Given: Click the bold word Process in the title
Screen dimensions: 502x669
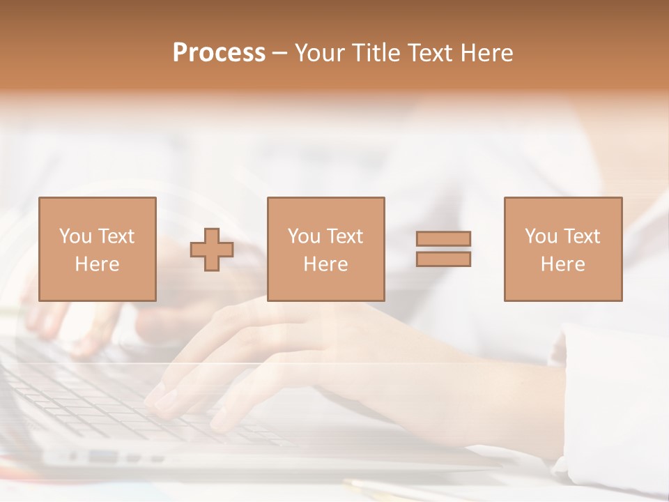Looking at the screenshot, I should click(x=219, y=53).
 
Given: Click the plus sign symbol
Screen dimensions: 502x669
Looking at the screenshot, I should click(x=212, y=250).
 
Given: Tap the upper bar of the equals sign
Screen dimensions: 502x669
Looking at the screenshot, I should click(x=443, y=238).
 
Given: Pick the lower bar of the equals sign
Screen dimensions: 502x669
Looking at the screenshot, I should click(x=443, y=259).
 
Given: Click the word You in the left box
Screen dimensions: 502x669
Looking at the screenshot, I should click(x=75, y=236).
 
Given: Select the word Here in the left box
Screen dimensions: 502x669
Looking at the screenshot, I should click(x=97, y=264).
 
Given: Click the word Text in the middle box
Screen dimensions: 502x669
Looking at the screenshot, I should click(x=345, y=236).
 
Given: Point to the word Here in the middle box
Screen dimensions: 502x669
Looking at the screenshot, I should click(x=325, y=264).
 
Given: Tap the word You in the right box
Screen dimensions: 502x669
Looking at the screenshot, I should click(x=541, y=236).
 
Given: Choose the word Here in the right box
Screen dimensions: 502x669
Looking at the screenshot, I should click(x=562, y=264).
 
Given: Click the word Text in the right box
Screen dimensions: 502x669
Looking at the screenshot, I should click(x=582, y=236).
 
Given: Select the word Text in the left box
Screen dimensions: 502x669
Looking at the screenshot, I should click(x=116, y=236).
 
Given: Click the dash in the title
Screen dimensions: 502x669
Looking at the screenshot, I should click(x=280, y=53).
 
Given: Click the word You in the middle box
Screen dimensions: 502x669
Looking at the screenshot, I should click(x=304, y=236).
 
